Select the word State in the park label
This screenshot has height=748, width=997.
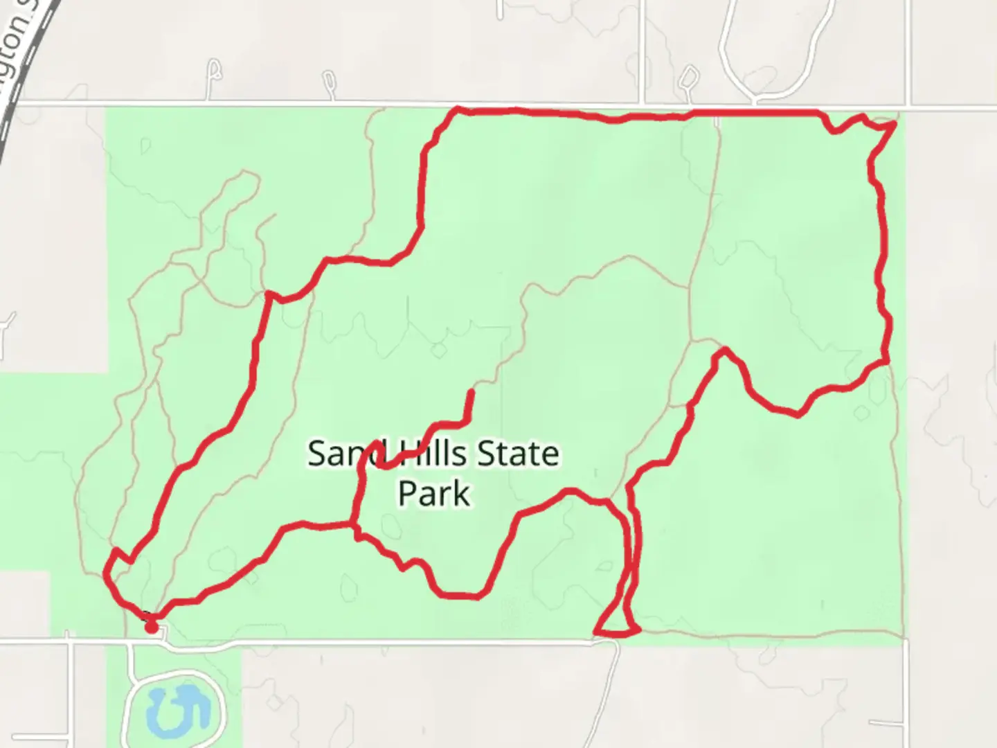[519, 454]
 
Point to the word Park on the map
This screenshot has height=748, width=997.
[434, 494]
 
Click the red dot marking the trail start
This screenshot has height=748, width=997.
[151, 627]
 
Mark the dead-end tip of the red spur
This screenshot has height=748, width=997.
[471, 393]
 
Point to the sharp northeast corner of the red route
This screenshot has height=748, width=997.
[895, 123]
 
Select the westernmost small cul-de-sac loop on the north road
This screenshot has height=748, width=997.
[215, 69]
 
